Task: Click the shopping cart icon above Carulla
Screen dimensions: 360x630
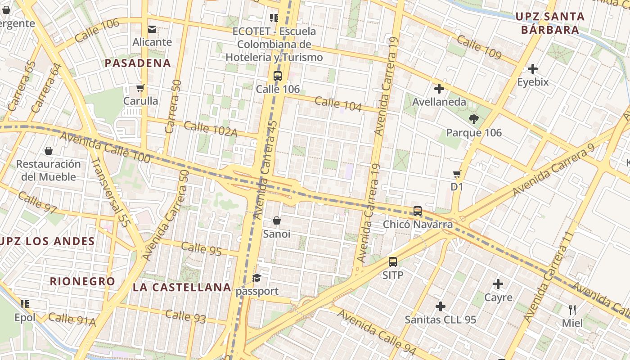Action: pos(140,88)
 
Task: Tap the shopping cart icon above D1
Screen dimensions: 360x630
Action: pos(457,174)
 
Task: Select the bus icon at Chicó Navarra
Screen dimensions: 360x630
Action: pos(418,211)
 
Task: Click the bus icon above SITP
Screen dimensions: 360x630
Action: pos(393,261)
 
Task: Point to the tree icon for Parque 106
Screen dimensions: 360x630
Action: pos(473,119)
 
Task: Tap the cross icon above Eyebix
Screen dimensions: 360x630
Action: pos(533,69)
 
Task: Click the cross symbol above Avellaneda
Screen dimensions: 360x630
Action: pos(439,89)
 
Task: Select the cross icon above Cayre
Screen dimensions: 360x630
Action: pos(498,284)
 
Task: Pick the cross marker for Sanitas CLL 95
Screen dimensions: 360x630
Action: pos(441,306)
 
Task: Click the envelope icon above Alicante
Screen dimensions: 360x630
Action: pos(152,29)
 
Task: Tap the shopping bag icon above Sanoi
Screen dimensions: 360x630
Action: pos(277,220)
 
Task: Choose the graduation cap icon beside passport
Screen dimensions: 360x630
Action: pos(256,278)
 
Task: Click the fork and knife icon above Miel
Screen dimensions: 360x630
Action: pos(572,310)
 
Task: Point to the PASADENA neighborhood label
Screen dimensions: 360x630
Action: pos(138,63)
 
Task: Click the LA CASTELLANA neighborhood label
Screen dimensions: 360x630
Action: pos(182,287)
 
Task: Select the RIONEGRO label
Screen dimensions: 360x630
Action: pos(82,282)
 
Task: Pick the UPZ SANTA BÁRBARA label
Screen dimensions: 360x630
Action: pos(550,23)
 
